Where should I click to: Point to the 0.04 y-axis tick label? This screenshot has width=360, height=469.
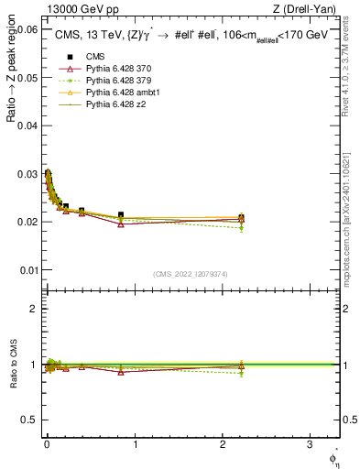coord(27,125)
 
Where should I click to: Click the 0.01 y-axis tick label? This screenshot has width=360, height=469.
coord(27,270)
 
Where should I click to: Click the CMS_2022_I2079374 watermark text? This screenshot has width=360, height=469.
coord(191,274)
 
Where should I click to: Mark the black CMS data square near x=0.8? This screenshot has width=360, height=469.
coord(121,215)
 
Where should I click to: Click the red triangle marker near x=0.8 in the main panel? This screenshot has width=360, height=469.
coord(121,224)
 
